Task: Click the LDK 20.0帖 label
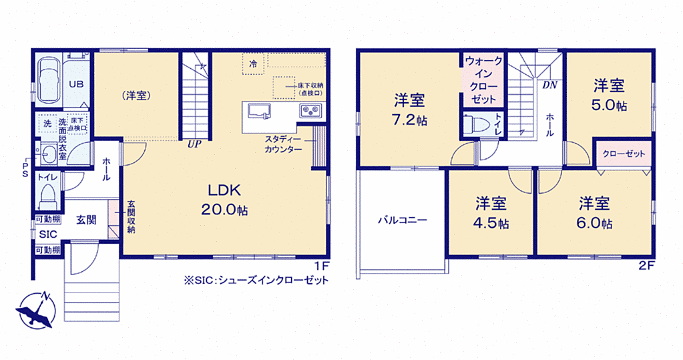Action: pos(224,200)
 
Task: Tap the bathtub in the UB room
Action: pos(48,79)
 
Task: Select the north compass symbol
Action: pos(36,310)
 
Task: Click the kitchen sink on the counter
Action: pos(259,111)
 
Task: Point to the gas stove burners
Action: pos(310,110)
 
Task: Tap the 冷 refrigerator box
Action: pos(253,63)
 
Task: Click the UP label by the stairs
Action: pos(194,144)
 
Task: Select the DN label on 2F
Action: pos(549,85)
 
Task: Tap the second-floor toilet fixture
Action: pos(477,125)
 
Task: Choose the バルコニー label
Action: pos(402,220)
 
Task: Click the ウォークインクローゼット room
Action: pos(483,79)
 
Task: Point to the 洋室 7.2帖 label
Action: pos(409,110)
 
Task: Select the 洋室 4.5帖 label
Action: pos(491,213)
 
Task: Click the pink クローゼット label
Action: pos(624,154)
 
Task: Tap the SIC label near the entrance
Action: pos(48,234)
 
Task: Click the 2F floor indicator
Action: pos(647,265)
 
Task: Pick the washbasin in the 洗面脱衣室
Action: pos(48,154)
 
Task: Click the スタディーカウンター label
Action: pos(283,144)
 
